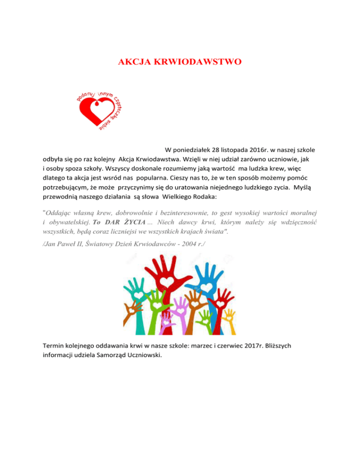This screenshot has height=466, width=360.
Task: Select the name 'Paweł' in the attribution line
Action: click(69, 243)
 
